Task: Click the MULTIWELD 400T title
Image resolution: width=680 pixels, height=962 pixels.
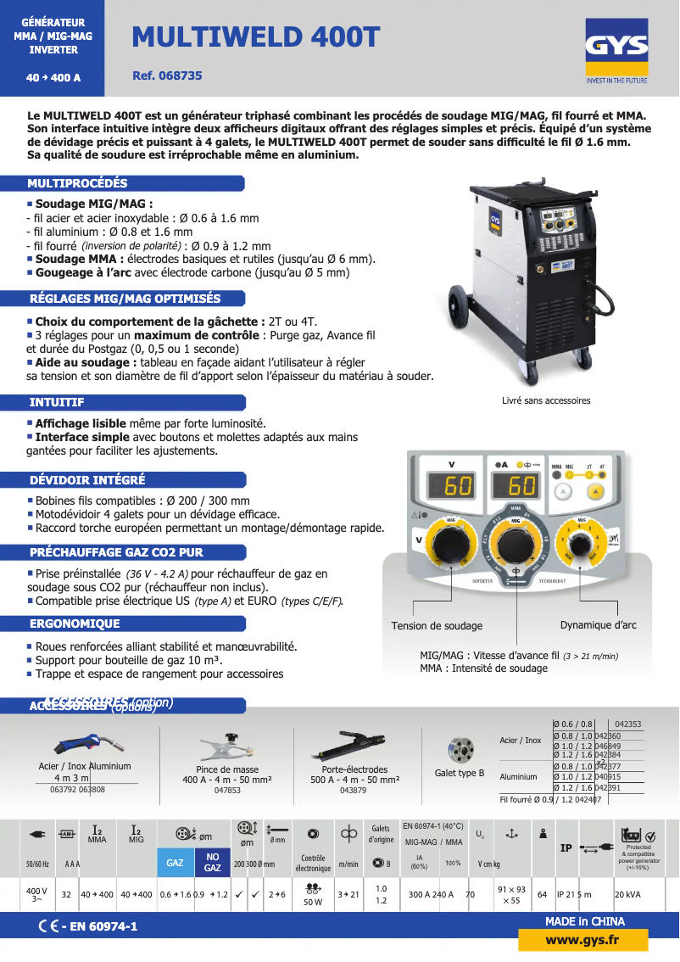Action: (256, 36)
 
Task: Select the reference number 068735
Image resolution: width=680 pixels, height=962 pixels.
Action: (167, 76)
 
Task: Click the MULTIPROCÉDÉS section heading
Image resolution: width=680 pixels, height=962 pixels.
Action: (78, 183)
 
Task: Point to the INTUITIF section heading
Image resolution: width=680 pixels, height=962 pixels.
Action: (57, 402)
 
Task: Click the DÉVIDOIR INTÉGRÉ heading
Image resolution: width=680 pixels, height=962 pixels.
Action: (87, 480)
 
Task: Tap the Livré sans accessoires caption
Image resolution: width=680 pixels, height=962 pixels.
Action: (546, 400)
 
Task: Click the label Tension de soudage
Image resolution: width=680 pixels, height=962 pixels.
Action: (437, 626)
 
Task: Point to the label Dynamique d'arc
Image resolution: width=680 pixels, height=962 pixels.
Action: (598, 625)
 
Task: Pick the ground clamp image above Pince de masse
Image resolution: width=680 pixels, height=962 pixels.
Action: (227, 747)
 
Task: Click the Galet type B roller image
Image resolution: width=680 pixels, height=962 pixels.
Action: (459, 750)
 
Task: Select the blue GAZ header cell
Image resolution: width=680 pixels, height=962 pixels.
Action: (175, 863)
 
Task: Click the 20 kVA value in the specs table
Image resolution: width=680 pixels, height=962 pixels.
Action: (627, 894)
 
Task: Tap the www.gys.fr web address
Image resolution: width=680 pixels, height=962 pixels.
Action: (582, 940)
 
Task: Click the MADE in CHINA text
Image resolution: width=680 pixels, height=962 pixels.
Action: (584, 921)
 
